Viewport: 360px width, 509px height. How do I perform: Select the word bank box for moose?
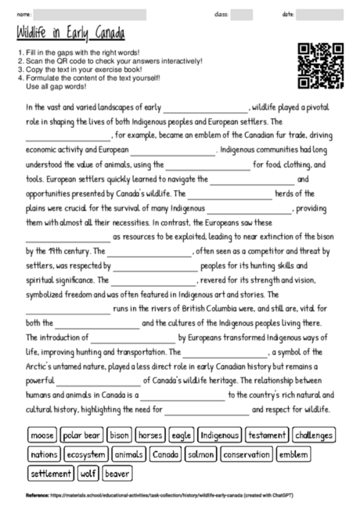[x=41, y=435]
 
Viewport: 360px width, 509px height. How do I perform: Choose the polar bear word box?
[x=81, y=435]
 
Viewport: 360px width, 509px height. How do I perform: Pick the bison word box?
[x=120, y=435]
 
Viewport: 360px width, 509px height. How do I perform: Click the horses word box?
[x=149, y=435]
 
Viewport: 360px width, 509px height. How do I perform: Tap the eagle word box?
[x=182, y=435]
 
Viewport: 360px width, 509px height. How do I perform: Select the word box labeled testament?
[x=268, y=435]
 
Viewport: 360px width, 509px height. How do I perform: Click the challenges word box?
[x=315, y=435]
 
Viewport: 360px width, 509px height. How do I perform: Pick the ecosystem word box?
[x=86, y=454]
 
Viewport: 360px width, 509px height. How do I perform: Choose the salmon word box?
[x=201, y=454]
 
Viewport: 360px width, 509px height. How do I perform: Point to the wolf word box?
[x=88, y=473]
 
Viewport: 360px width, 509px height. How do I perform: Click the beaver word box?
[x=117, y=473]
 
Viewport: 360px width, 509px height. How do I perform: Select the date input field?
[x=319, y=14]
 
